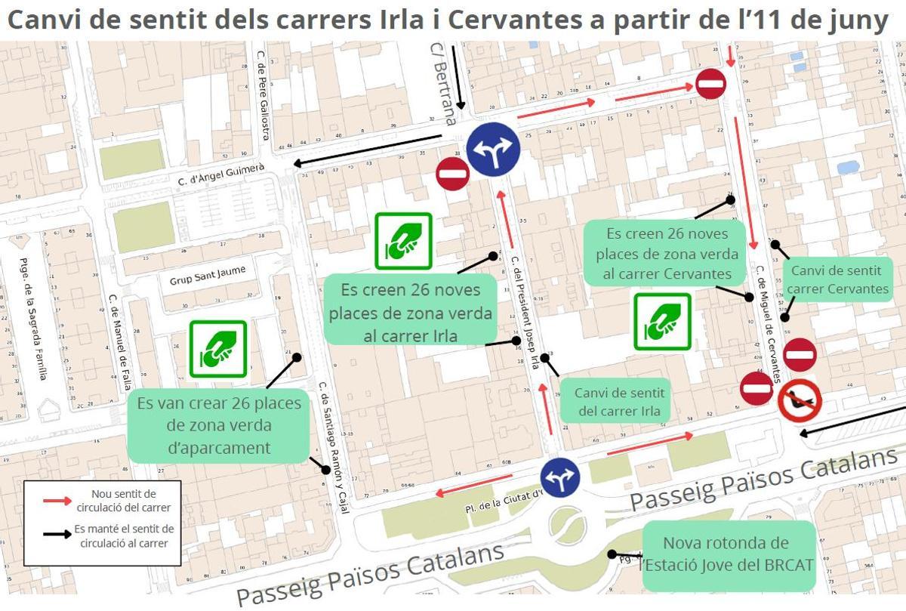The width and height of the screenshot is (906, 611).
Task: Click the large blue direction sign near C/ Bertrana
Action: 492,149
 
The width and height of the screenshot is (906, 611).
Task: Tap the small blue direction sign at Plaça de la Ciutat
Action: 559,477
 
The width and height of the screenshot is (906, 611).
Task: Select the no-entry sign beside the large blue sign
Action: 453,174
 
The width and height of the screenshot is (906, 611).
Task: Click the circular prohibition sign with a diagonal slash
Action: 800,400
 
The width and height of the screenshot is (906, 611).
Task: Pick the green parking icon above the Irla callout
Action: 403,241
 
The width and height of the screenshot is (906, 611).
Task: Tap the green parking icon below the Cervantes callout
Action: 662,321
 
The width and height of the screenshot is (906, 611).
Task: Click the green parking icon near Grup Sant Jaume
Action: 218,349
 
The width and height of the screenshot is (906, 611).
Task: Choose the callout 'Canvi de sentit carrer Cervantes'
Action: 838,279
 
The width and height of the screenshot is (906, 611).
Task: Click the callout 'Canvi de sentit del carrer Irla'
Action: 619,402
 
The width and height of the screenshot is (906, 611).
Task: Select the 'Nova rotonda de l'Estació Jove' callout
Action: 728,554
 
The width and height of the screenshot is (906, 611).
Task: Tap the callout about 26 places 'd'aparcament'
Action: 219,425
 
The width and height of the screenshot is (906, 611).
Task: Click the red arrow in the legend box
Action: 58,499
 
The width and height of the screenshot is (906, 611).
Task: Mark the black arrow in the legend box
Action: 58,535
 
